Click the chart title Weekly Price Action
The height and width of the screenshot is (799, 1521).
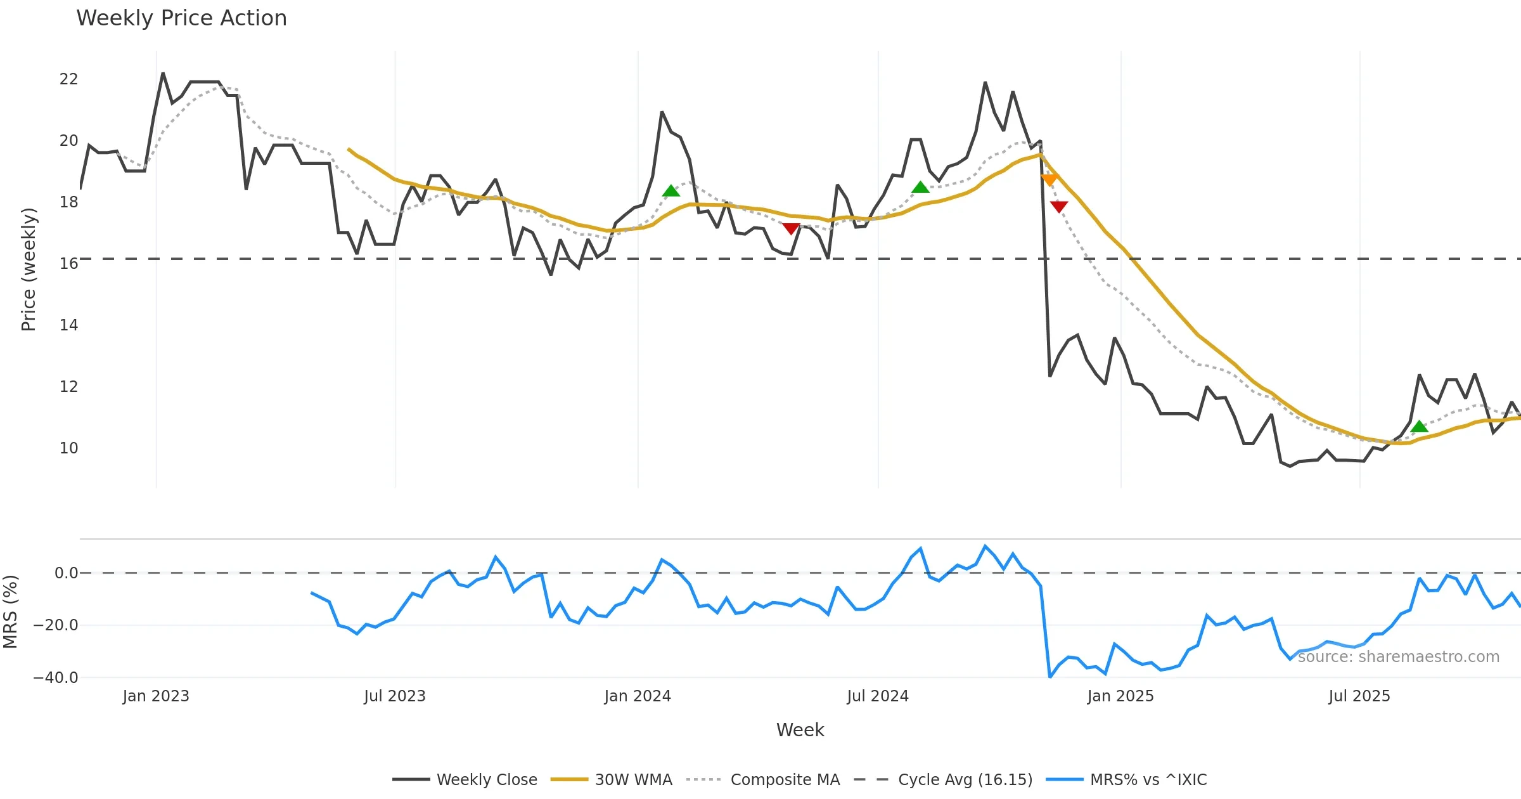coord(181,18)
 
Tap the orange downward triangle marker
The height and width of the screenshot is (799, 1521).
coord(1049,180)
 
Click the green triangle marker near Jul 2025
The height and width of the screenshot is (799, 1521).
coord(1420,426)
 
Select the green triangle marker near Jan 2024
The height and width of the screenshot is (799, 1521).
coord(671,191)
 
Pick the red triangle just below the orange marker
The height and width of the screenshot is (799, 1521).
coord(1059,206)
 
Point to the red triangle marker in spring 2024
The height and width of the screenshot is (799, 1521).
coord(791,228)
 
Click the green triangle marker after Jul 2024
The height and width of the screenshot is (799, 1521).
coord(920,187)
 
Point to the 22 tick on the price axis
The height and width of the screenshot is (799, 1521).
coord(68,79)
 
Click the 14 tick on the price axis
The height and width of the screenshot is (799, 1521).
coord(68,325)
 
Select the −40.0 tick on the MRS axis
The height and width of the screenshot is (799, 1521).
coord(56,678)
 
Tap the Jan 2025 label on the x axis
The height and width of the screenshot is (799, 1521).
coord(1120,696)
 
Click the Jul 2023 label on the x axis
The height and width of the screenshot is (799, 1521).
coord(395,696)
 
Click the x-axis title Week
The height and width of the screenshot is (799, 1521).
coord(800,730)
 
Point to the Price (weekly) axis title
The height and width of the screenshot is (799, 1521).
coord(29,270)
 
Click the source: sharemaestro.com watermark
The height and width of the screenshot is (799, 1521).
coord(1399,657)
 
